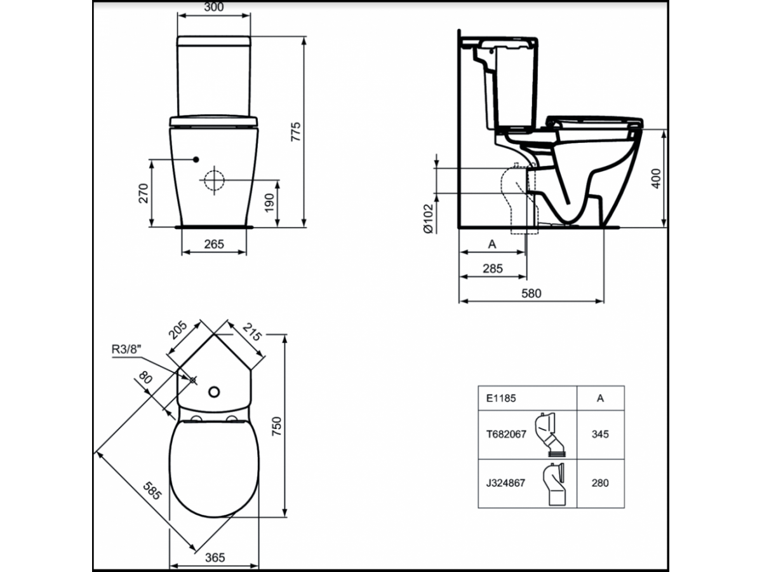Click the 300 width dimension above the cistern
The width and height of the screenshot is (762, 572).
click(x=213, y=7)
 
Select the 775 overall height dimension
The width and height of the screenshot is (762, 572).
click(x=296, y=132)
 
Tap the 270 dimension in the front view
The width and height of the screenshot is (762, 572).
click(x=144, y=193)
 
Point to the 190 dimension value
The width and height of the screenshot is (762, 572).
click(x=269, y=203)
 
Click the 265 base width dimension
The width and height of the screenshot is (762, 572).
click(x=214, y=244)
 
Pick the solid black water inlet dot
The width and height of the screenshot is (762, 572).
click(x=196, y=160)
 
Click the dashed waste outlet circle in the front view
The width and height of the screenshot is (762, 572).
click(x=214, y=180)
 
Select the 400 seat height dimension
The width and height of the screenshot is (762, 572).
click(x=656, y=179)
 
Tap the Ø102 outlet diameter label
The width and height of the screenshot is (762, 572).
click(x=429, y=219)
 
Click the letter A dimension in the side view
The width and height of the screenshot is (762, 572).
click(x=492, y=244)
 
